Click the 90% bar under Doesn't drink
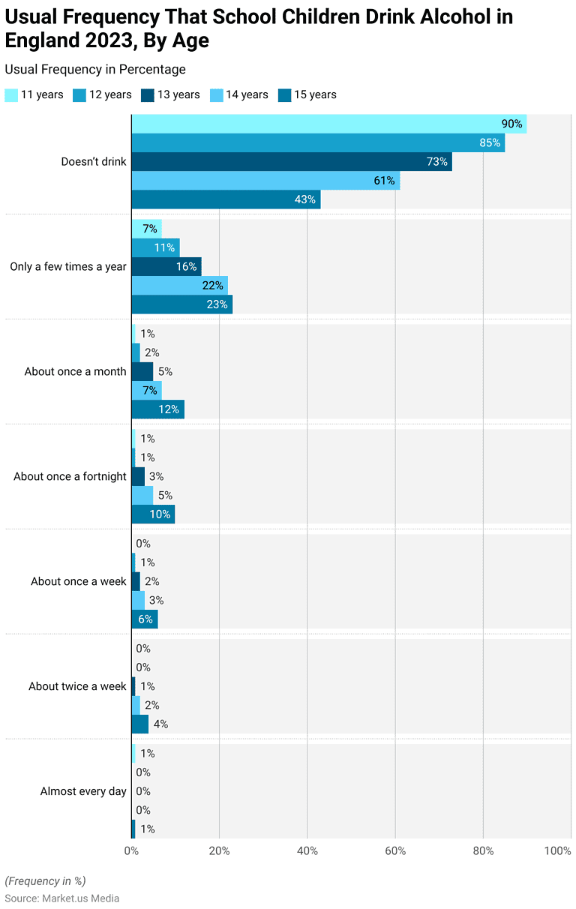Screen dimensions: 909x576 328,124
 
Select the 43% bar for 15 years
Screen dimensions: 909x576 226,199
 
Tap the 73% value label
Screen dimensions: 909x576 437,162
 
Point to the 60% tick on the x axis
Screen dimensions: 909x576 395,851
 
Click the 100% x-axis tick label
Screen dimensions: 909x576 558,851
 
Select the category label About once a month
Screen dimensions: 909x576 75,371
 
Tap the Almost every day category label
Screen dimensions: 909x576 83,791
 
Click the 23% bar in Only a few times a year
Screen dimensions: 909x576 181,304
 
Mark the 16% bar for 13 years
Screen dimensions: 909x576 166,267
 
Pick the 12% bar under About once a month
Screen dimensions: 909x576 157,409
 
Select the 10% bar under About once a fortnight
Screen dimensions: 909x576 153,514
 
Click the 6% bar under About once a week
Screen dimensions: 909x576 144,619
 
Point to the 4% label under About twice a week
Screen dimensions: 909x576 160,724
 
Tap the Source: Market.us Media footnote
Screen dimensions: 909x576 62,898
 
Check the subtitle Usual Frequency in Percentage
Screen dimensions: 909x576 95,70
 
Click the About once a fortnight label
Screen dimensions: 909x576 70,476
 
